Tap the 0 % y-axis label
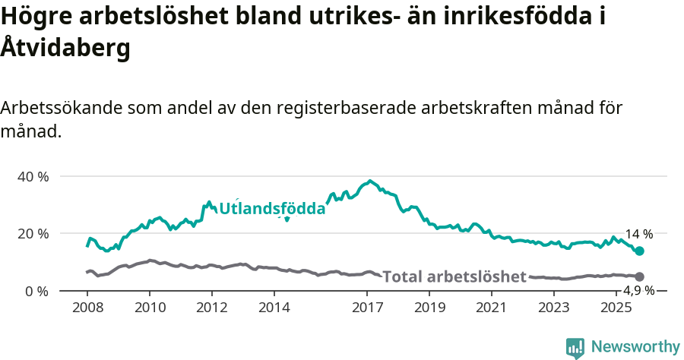[37, 291]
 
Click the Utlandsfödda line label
[272, 208]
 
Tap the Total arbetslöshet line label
[454, 276]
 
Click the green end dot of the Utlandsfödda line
[640, 251]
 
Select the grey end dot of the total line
[640, 277]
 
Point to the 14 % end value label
[638, 235]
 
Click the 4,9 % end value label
[638, 291]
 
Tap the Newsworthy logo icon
[575, 348]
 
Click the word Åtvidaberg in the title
[65, 48]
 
